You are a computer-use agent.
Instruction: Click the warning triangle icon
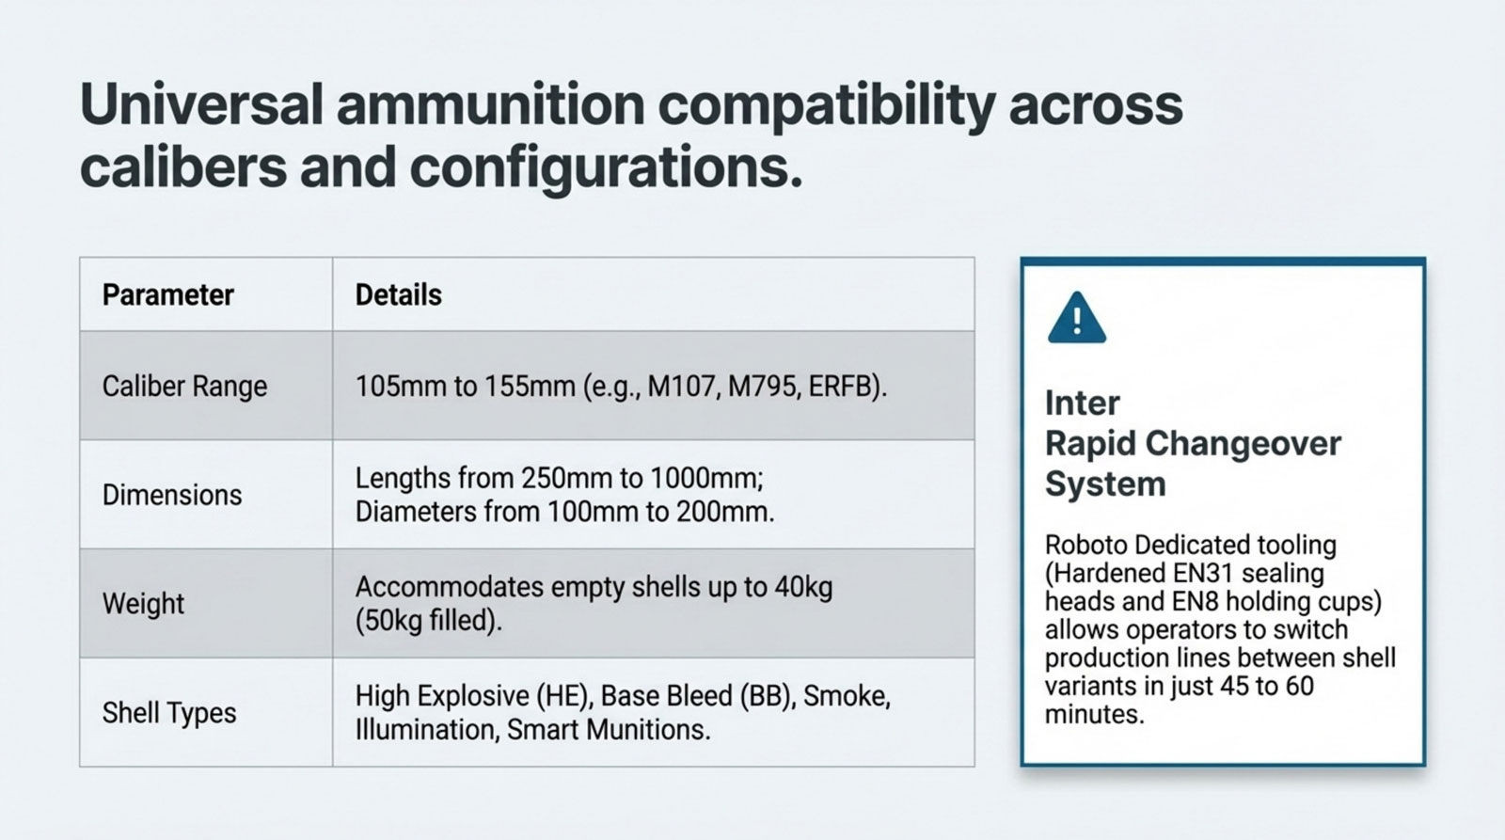(x=1076, y=319)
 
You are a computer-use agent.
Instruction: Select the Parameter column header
(x=168, y=295)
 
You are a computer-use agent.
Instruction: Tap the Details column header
(x=399, y=295)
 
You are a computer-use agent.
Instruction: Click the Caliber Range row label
(x=184, y=387)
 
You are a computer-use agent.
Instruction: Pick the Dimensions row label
(x=172, y=496)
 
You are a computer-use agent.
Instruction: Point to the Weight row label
(x=143, y=604)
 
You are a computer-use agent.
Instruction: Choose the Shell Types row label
(x=169, y=713)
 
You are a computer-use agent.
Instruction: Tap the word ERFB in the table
(x=844, y=387)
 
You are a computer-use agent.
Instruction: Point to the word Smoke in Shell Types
(x=847, y=696)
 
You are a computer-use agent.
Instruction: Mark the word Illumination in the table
(x=427, y=730)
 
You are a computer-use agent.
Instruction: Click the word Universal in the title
(x=201, y=104)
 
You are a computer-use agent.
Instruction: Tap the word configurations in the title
(x=606, y=167)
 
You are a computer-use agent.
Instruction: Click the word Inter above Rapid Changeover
(x=1083, y=404)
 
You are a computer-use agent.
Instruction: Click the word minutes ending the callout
(x=1094, y=714)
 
